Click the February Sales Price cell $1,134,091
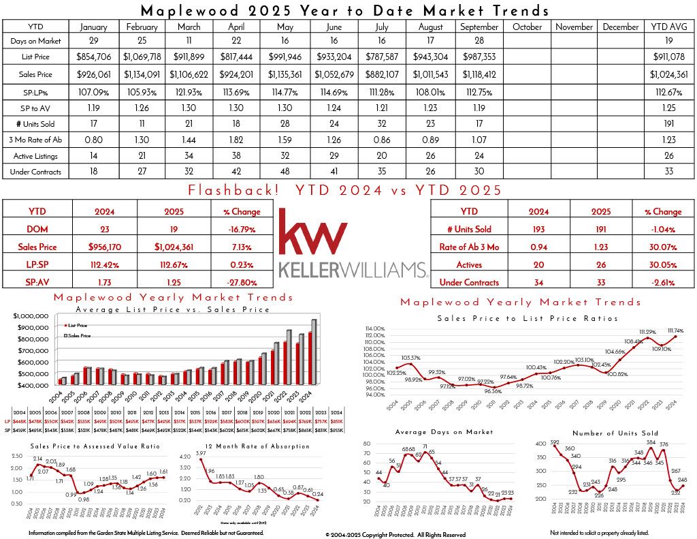[142, 74]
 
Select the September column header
[479, 27]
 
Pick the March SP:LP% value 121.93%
[189, 92]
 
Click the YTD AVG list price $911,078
[670, 57]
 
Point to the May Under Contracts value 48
[285, 172]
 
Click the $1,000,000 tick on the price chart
[30, 316]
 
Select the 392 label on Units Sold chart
[555, 441]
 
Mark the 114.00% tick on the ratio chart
[375, 328]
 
